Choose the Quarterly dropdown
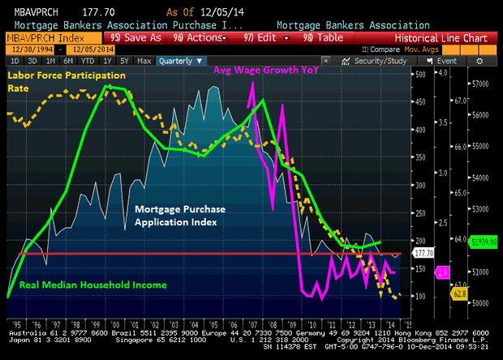(x=178, y=60)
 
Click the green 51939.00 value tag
(x=479, y=241)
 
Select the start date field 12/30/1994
(x=25, y=49)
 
